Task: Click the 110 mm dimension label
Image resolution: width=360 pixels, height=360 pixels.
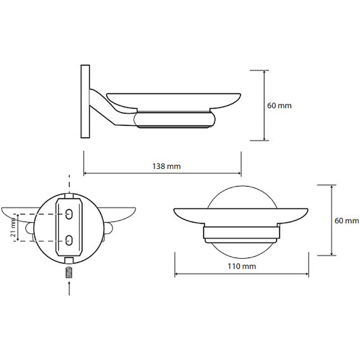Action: click(242, 266)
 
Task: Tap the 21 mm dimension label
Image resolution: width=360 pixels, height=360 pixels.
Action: click(13, 228)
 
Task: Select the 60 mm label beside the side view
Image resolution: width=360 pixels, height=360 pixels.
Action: click(279, 106)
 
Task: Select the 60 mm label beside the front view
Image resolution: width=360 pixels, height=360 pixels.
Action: click(347, 220)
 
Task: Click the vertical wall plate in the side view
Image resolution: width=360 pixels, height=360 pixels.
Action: click(85, 101)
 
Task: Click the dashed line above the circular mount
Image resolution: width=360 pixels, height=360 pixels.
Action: click(69, 182)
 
